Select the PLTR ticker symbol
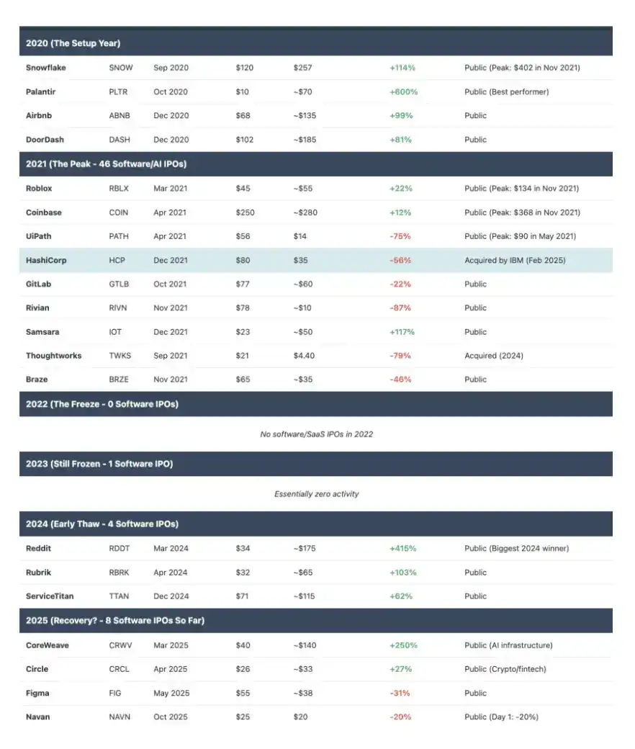pos(120,91)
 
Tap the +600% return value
pos(403,91)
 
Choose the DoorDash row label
pos(45,140)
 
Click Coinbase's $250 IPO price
pos(245,212)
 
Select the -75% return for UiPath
pos(400,236)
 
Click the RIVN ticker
pos(119,308)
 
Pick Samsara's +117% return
pos(402,332)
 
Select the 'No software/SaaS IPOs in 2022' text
pos(316,434)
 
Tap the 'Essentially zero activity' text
pos(316,494)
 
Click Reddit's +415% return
pos(402,548)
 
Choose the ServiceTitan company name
pos(49,596)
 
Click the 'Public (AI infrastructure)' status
pos(508,645)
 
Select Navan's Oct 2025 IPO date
pos(171,717)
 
